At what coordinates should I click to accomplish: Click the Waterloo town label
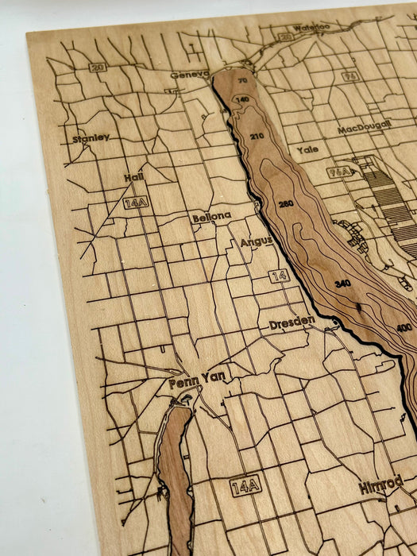pyautogui.click(x=311, y=28)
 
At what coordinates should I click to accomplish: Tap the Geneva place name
pyautogui.click(x=189, y=75)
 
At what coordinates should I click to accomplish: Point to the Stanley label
pyautogui.click(x=91, y=137)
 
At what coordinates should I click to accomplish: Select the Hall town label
pyautogui.click(x=133, y=178)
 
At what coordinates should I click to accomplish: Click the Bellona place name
pyautogui.click(x=211, y=216)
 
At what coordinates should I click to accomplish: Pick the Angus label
pyautogui.click(x=256, y=241)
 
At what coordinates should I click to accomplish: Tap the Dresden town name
pyautogui.click(x=292, y=323)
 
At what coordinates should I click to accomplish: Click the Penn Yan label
pyautogui.click(x=197, y=382)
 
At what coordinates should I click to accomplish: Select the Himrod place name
pyautogui.click(x=380, y=485)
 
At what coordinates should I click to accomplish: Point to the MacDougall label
pyautogui.click(x=364, y=127)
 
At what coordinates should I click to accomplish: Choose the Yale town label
pyautogui.click(x=307, y=149)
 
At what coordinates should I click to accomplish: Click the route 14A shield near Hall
pyautogui.click(x=136, y=203)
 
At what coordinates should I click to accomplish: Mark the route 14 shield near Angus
pyautogui.click(x=279, y=276)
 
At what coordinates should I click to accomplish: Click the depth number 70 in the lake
pyautogui.click(x=241, y=80)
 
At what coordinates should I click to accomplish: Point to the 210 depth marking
pyautogui.click(x=257, y=136)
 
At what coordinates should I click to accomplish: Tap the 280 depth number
pyautogui.click(x=286, y=204)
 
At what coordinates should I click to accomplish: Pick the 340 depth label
pyautogui.click(x=342, y=283)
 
